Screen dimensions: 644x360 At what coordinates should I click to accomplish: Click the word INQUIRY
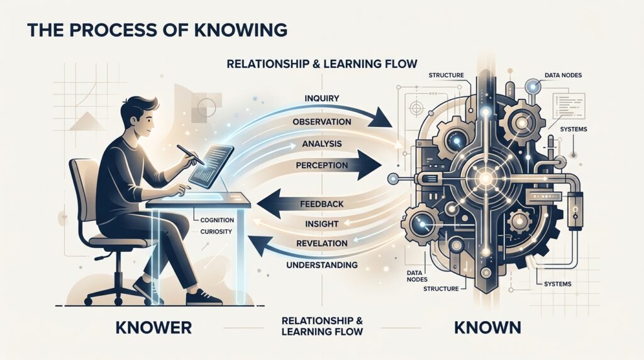pyautogui.click(x=321, y=99)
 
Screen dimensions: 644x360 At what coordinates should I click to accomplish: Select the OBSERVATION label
pyautogui.click(x=321, y=122)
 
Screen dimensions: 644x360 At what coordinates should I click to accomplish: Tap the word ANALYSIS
pyautogui.click(x=321, y=144)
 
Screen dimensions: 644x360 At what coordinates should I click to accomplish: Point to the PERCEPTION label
pyautogui.click(x=321, y=166)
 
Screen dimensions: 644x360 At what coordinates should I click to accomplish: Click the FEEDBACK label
pyautogui.click(x=321, y=204)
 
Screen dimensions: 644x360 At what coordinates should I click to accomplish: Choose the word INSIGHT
pyautogui.click(x=321, y=224)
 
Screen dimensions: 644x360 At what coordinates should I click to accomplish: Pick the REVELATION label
pyautogui.click(x=321, y=244)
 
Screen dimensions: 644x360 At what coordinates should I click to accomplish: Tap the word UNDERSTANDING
pyautogui.click(x=321, y=265)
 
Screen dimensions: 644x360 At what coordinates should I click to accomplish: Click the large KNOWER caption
pyautogui.click(x=153, y=328)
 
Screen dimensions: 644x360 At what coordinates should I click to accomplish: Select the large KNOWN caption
pyautogui.click(x=487, y=328)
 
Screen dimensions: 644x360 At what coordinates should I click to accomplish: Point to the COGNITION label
pyautogui.click(x=217, y=220)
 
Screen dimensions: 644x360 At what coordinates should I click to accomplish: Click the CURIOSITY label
pyautogui.click(x=216, y=232)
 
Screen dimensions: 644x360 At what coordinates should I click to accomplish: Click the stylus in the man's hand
pyautogui.click(x=191, y=155)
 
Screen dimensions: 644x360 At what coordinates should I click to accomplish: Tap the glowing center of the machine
pyautogui.click(x=486, y=178)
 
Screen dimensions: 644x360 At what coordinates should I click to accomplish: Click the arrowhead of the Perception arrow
pyautogui.click(x=370, y=165)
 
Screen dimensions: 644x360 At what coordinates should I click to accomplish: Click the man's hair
pyautogui.click(x=140, y=106)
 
